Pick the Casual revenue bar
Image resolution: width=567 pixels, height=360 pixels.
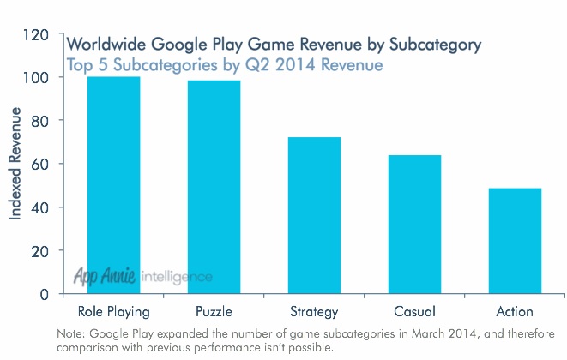(414, 224)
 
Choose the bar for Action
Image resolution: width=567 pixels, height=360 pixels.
(515, 241)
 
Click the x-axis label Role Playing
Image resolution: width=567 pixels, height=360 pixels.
(114, 311)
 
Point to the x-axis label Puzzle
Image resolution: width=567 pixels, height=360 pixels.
(214, 311)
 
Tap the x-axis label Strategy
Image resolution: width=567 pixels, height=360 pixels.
(314, 311)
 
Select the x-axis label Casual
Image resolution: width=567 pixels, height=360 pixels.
(414, 311)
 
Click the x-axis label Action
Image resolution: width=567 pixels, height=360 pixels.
(515, 311)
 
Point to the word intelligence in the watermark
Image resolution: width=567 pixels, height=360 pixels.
(177, 278)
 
